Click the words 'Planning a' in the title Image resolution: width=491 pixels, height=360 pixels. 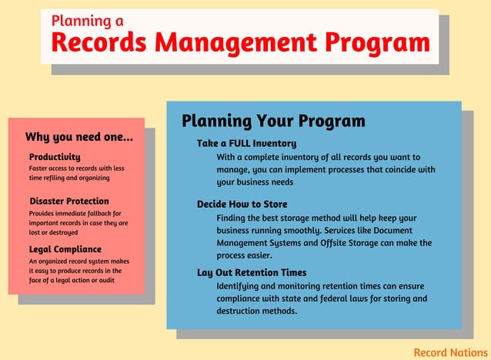point(87,21)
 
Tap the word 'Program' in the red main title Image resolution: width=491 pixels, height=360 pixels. point(376,42)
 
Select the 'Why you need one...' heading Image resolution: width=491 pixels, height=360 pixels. point(78,137)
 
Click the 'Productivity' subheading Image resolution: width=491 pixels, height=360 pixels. point(55,156)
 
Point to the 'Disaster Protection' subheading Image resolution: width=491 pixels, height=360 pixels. point(68,202)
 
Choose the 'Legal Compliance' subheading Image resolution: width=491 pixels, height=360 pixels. point(65,249)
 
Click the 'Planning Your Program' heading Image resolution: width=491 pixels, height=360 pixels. point(272,122)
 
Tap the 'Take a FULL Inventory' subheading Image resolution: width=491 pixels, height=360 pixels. point(246,144)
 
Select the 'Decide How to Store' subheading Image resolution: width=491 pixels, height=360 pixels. point(242,205)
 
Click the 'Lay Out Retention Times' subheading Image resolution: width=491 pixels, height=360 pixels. point(252,272)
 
